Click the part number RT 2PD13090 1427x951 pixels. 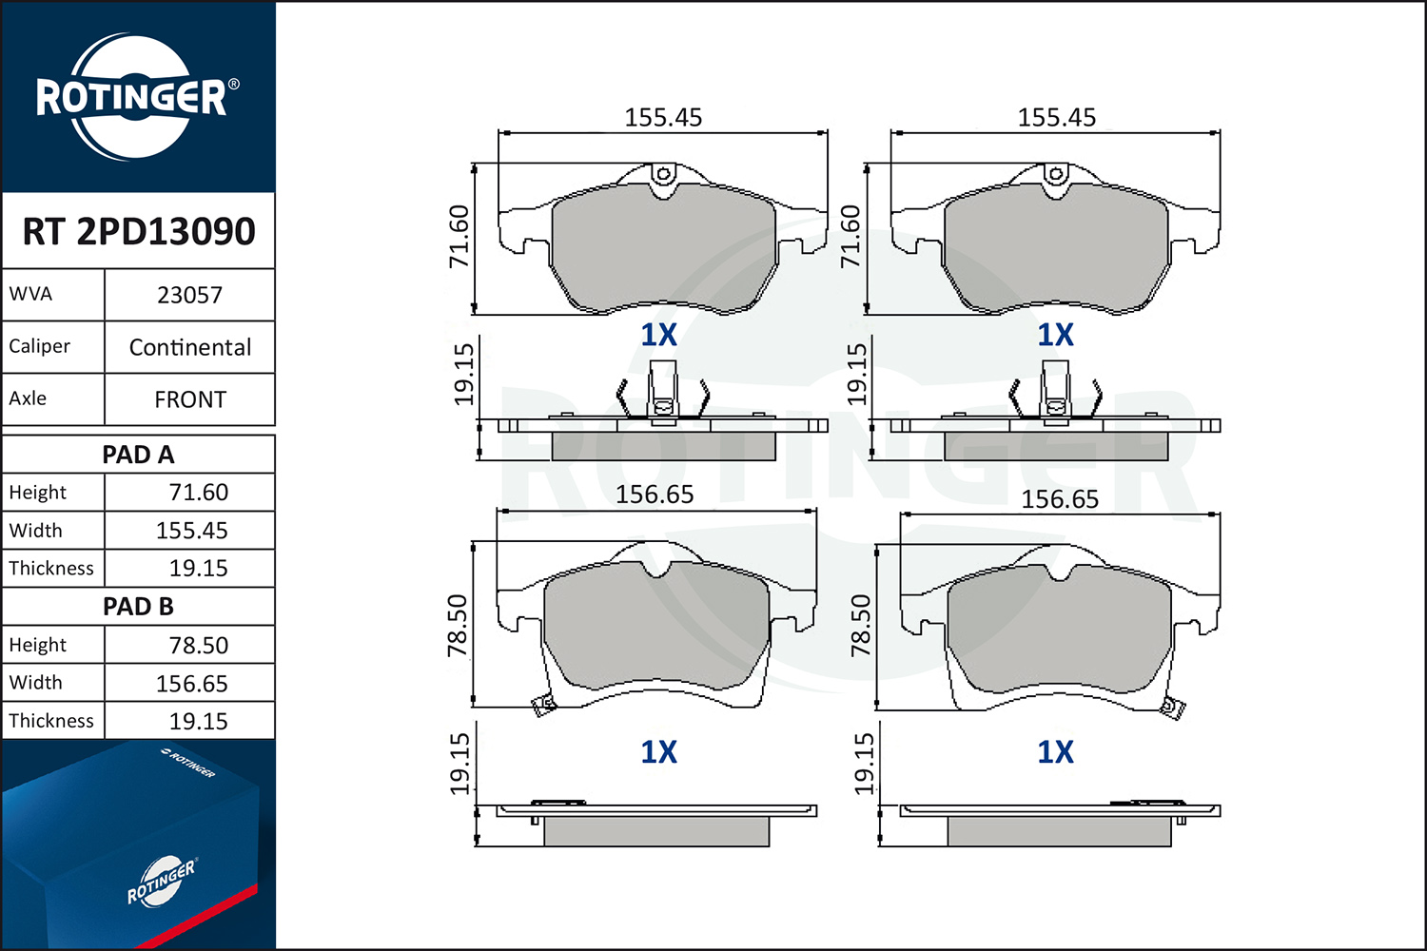pyautogui.click(x=139, y=231)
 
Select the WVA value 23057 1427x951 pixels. pyautogui.click(x=189, y=296)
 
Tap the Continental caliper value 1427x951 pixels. pyautogui.click(x=190, y=348)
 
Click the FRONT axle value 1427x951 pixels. pyautogui.click(x=190, y=400)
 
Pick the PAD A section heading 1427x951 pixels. pyautogui.click(x=138, y=455)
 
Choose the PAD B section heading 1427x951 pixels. pyautogui.click(x=138, y=607)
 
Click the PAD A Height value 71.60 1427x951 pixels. pyautogui.click(x=198, y=493)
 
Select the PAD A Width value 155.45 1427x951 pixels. pyautogui.click(x=192, y=531)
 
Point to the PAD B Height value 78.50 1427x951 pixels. pyautogui.click(x=198, y=645)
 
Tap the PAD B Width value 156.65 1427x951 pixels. pyautogui.click(x=192, y=684)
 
